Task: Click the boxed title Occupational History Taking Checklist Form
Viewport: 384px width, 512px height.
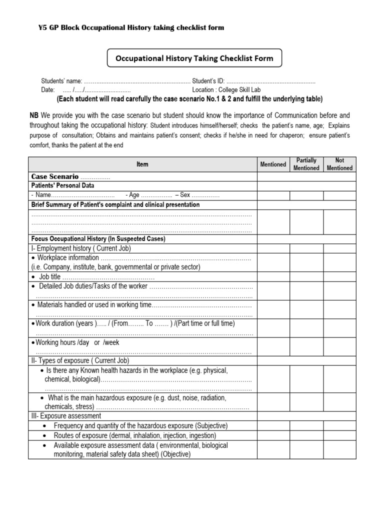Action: point(194,58)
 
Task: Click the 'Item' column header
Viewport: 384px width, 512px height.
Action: point(142,164)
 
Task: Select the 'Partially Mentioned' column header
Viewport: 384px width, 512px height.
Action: point(306,164)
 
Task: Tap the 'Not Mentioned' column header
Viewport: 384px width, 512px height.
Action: point(339,164)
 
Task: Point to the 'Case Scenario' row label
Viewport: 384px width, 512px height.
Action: point(55,176)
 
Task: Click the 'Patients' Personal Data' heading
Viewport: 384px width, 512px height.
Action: point(63,185)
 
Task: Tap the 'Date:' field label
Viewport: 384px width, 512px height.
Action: point(47,90)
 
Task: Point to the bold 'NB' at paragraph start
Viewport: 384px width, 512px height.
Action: point(34,115)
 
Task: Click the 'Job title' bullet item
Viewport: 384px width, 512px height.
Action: point(50,277)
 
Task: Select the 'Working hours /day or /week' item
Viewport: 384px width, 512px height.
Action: point(77,342)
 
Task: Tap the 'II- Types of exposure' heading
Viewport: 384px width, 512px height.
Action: point(80,360)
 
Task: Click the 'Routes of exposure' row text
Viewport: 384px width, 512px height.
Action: point(135,435)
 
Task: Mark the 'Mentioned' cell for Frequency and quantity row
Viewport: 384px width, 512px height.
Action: point(273,425)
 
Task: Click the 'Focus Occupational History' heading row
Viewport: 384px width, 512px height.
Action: point(98,239)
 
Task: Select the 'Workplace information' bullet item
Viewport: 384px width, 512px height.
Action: point(68,258)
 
